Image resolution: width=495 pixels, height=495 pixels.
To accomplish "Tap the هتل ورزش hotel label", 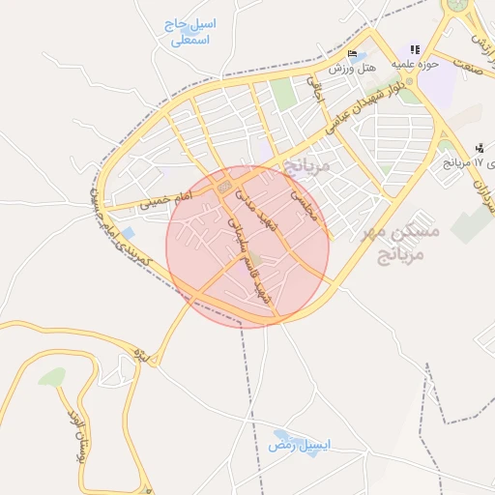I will (x=351, y=70).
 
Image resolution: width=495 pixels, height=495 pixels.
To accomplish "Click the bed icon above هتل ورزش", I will (x=352, y=54).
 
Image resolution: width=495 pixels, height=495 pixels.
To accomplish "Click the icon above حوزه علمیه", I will (x=415, y=49).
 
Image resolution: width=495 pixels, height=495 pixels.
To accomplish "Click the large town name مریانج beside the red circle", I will (x=309, y=165).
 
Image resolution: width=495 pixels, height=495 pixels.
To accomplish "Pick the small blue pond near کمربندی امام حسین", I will (x=129, y=233).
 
